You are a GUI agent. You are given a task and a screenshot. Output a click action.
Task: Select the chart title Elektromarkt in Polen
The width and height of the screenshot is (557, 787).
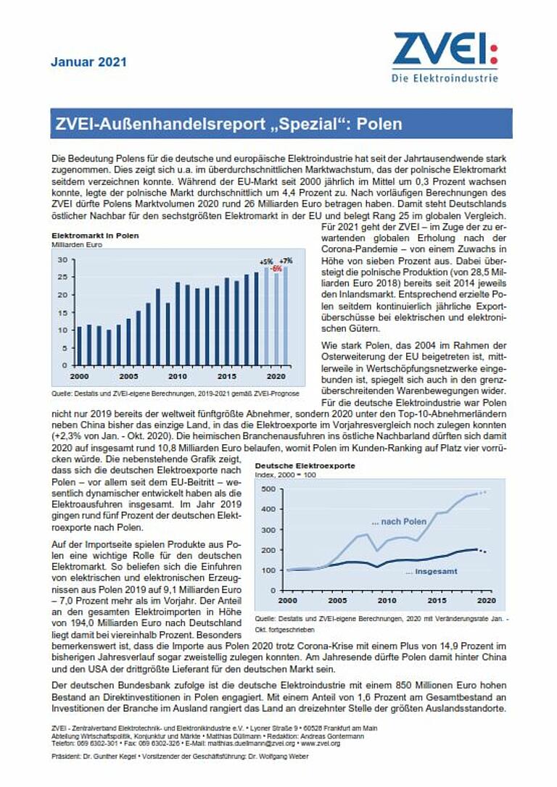(x=94, y=236)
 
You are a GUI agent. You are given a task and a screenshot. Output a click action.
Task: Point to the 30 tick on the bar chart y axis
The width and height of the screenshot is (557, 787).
(x=62, y=259)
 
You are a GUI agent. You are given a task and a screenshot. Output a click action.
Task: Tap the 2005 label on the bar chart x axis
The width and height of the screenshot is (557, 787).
(x=128, y=377)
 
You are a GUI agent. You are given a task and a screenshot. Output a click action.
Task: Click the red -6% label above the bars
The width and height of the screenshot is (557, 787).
(x=276, y=269)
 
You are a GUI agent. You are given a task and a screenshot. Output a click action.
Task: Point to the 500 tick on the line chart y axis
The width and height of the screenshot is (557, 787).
(x=268, y=489)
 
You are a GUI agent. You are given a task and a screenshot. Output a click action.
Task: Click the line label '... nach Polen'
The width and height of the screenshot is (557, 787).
(x=398, y=522)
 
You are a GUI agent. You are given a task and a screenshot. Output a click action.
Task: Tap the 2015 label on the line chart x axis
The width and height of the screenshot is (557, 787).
(x=436, y=601)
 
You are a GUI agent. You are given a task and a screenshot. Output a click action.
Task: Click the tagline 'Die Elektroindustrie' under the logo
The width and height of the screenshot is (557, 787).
(x=445, y=78)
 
